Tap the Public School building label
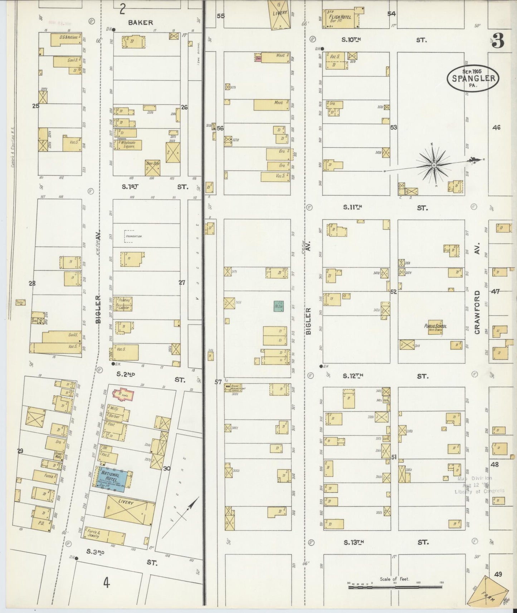(435, 328)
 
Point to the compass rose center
(434, 165)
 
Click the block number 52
(394, 292)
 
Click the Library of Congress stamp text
(479, 491)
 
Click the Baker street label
(141, 23)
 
